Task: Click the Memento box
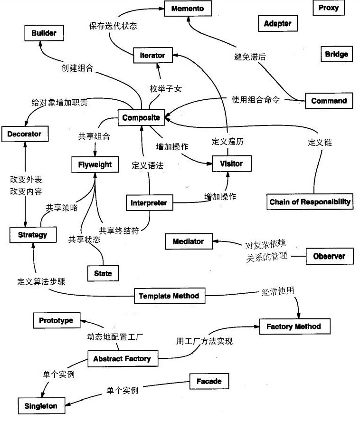coord(188,9)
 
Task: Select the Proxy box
coord(328,8)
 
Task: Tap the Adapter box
coord(277,23)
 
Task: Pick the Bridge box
coord(336,54)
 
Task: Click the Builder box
coord(44,33)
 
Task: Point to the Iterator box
coord(152,56)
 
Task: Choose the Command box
coord(329,101)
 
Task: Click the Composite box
coord(141,117)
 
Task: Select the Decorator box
coord(24,135)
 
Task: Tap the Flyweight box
coord(95,164)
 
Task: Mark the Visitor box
coord(231,163)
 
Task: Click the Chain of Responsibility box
coord(310,202)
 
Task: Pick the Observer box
coord(329,257)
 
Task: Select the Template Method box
coord(169,296)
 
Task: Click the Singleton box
coord(41,406)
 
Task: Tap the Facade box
coord(209,381)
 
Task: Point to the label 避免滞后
coord(250,57)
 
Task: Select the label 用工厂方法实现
coord(204,341)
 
